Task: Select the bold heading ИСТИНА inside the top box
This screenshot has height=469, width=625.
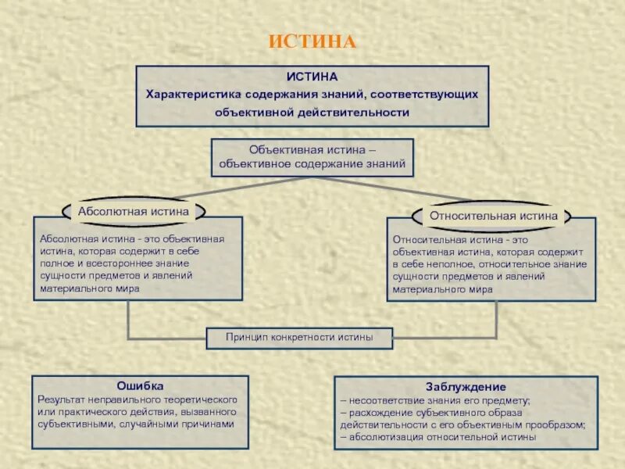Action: click(x=312, y=77)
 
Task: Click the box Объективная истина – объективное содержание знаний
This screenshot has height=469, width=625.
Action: click(x=312, y=156)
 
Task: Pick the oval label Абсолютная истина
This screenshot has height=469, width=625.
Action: click(x=134, y=211)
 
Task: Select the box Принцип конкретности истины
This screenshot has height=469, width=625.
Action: click(x=299, y=338)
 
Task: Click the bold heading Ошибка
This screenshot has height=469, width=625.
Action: click(x=140, y=385)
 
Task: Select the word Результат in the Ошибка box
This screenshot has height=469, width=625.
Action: click(x=59, y=399)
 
